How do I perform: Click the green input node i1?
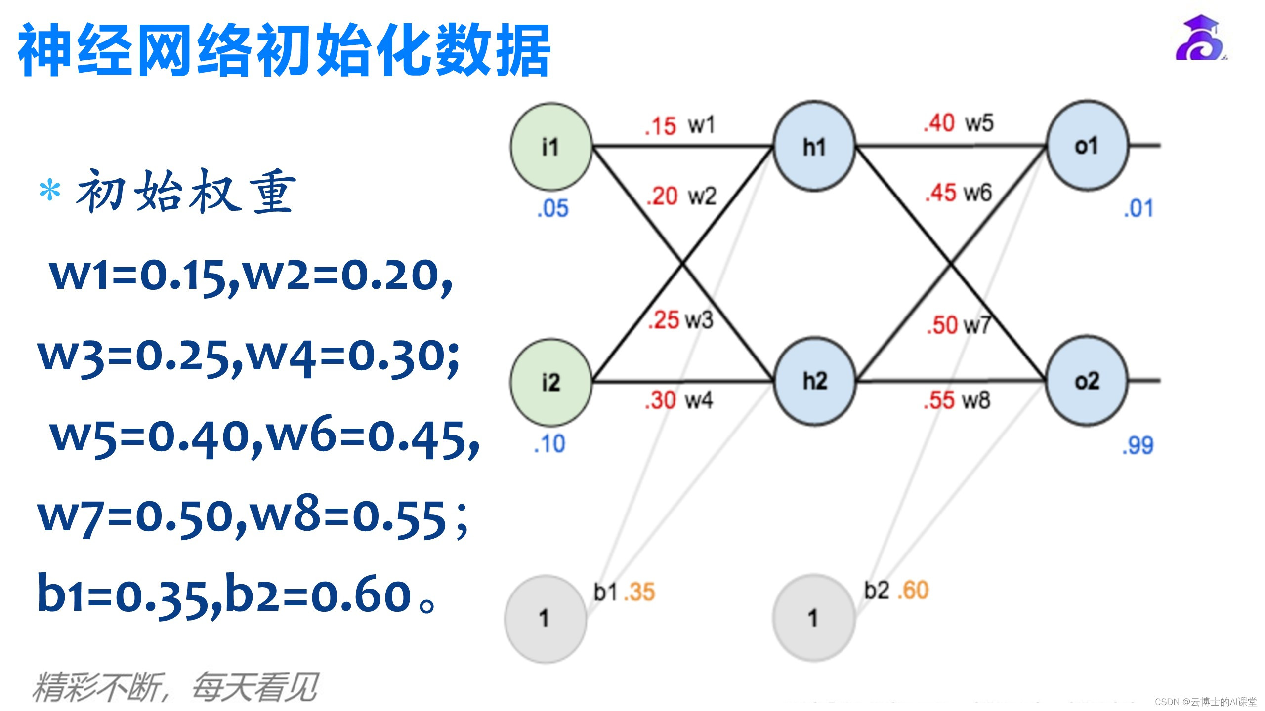(551, 147)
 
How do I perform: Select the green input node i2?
(551, 383)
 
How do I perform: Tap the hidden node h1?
(814, 147)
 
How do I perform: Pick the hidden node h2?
(814, 381)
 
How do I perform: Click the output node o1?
(1087, 146)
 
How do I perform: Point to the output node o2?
(1087, 381)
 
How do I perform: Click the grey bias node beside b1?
(545, 618)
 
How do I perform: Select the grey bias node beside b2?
(813, 618)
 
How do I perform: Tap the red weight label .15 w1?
(679, 125)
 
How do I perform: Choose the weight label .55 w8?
(957, 400)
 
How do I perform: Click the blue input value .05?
(552, 208)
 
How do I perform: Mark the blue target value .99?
(1138, 445)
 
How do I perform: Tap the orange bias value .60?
(913, 591)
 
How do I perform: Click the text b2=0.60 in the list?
(319, 595)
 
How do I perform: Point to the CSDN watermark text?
(1206, 702)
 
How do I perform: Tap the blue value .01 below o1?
(1138, 208)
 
